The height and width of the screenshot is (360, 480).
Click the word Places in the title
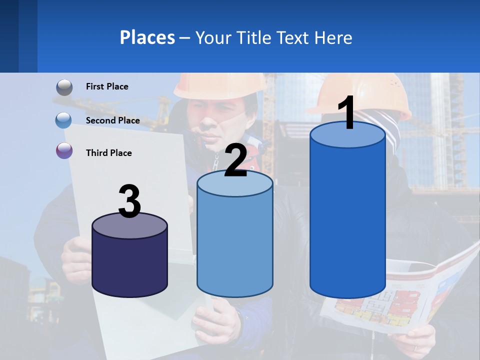(147, 37)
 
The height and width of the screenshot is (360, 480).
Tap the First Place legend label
(107, 86)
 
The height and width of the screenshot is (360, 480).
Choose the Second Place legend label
(112, 120)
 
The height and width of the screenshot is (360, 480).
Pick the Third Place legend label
(108, 153)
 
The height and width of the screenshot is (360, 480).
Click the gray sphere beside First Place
(64, 87)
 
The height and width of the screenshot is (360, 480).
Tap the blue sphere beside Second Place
(64, 120)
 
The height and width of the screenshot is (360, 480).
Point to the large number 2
(235, 160)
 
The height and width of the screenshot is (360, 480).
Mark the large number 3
(130, 201)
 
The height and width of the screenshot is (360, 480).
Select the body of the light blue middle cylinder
(235, 245)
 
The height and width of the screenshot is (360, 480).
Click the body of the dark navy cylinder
(130, 265)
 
